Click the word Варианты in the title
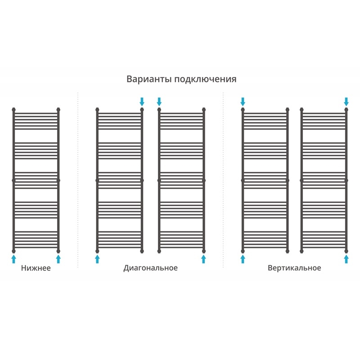coord(149,79)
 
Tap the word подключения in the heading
coord(206,80)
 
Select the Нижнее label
coord(36,268)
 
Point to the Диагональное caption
coord(151,268)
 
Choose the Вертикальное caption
coord(294,268)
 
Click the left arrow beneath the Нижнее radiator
coord(14,259)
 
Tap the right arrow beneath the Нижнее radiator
coord(58,259)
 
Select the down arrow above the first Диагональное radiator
coord(142,102)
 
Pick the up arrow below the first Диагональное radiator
coord(97,259)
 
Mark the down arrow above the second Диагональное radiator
coord(159,102)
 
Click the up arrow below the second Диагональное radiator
coord(203,259)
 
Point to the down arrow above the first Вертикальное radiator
coord(243,102)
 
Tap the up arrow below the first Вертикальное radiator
coord(243,259)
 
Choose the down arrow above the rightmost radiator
coord(346,102)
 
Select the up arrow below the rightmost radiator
coord(346,259)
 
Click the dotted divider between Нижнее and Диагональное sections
coord(78,180)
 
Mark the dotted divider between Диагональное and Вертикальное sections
coord(223,180)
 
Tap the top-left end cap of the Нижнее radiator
coord(14,109)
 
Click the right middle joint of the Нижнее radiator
coord(58,180)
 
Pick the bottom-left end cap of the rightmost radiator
coord(301,251)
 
